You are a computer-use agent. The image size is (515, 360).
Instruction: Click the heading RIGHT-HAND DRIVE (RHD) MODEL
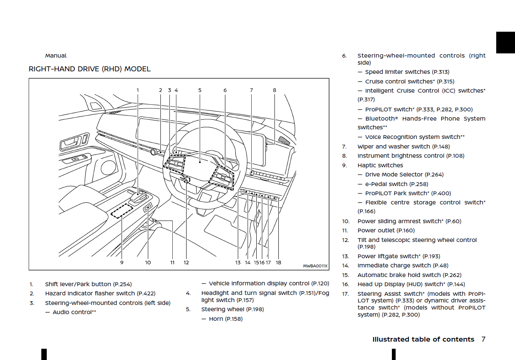click(x=89, y=69)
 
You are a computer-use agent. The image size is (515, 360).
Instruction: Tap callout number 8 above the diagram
click(x=275, y=90)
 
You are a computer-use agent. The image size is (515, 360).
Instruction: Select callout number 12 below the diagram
click(x=186, y=262)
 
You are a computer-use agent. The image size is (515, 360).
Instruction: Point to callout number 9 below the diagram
click(x=122, y=262)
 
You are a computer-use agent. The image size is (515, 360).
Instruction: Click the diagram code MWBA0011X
click(x=315, y=266)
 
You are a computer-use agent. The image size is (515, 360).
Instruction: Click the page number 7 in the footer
click(x=483, y=339)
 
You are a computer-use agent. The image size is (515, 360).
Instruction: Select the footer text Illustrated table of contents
click(x=423, y=339)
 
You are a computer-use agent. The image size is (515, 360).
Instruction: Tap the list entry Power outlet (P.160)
click(x=386, y=230)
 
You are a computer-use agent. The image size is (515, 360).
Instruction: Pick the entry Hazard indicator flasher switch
click(x=100, y=293)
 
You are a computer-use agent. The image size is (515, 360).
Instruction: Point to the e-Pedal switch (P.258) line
click(x=396, y=184)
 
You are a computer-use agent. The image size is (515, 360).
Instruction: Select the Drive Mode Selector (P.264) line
click(x=404, y=174)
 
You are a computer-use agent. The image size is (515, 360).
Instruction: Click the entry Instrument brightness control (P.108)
click(x=411, y=156)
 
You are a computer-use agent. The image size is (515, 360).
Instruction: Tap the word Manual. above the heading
click(x=56, y=55)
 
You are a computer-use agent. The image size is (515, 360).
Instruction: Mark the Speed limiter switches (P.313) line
click(x=407, y=72)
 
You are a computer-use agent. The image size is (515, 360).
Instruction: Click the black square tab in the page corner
click(x=505, y=42)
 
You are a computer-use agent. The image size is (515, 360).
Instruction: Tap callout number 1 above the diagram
click(x=138, y=90)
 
